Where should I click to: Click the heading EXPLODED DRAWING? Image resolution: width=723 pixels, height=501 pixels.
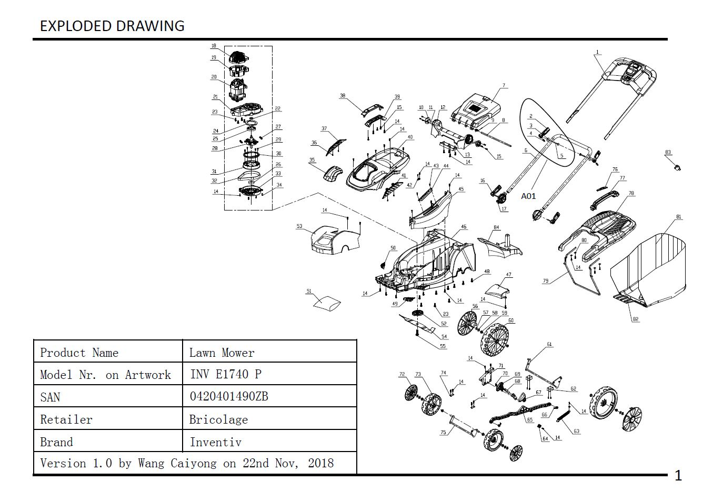tap(112, 26)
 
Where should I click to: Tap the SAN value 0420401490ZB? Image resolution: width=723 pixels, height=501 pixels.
tap(228, 396)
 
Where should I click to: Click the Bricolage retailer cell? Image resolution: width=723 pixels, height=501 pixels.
tap(218, 419)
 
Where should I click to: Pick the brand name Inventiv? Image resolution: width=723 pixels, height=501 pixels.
tap(215, 442)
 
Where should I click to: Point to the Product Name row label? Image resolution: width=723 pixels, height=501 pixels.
tap(79, 353)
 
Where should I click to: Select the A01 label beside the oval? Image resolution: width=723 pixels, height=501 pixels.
tap(528, 196)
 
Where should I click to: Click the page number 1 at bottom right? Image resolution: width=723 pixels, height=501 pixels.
tap(678, 476)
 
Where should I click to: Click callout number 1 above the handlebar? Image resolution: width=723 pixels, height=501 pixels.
tap(597, 52)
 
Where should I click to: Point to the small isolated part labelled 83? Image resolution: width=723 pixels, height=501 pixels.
tap(678, 167)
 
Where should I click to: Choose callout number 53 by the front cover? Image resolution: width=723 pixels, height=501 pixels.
tap(299, 226)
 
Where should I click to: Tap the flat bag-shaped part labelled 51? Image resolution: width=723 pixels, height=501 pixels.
tap(327, 304)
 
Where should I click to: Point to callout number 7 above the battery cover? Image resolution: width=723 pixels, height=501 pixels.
tap(504, 85)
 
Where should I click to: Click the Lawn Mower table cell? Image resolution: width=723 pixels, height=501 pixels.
tap(222, 353)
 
